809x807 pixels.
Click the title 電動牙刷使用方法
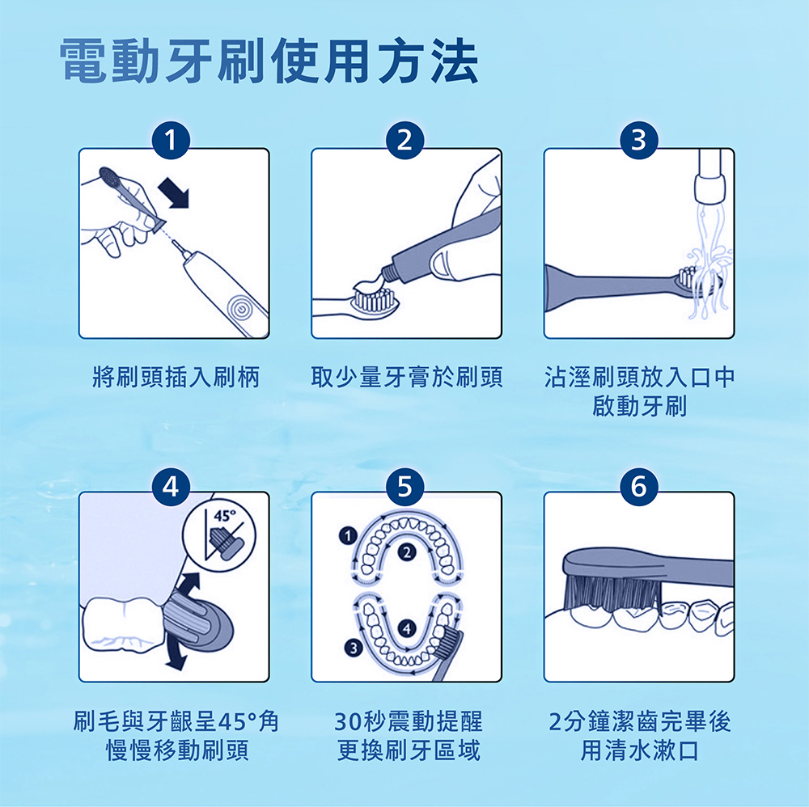pos(269,62)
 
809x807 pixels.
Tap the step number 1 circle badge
pos(173,141)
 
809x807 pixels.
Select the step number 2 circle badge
pos(406,141)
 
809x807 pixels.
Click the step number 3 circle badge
pos(639,141)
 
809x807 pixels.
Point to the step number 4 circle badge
pos(173,486)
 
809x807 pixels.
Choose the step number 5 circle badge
pos(406,486)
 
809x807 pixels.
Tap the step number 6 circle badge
pos(639,486)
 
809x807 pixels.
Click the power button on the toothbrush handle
pos(239,307)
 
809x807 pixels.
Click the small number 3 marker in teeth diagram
pos(351,645)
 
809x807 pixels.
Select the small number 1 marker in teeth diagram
pos(347,536)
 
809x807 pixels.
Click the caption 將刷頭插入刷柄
pos(176,377)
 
